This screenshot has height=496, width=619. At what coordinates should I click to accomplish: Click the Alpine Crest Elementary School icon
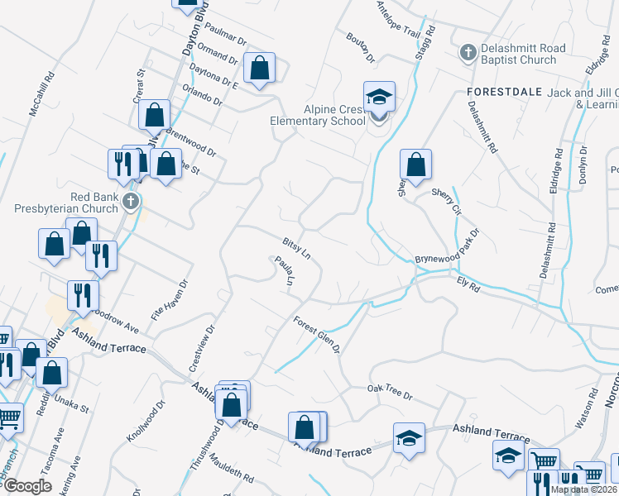pos(379,98)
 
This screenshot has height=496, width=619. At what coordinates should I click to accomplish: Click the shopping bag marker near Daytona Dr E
pos(260,69)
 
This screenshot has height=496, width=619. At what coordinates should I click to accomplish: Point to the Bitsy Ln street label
pos(295,246)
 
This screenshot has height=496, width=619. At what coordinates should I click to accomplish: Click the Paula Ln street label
pos(283,271)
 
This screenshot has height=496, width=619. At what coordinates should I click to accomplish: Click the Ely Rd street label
pos(468,286)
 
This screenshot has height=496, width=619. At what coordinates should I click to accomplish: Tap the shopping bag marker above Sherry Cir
pos(416,165)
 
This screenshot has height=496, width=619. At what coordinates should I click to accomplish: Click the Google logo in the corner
pos(26,486)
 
